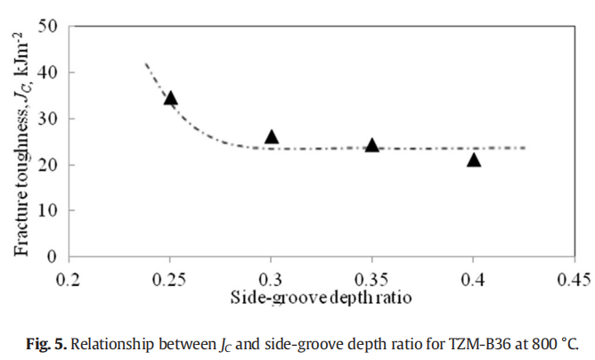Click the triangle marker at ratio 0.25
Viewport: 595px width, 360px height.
(x=170, y=98)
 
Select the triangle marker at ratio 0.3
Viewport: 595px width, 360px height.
(x=272, y=136)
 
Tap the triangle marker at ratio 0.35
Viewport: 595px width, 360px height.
(x=372, y=145)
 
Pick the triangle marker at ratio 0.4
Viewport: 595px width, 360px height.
(x=474, y=160)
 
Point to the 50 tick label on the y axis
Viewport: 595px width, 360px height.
(x=50, y=26)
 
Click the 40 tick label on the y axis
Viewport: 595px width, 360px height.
(x=50, y=72)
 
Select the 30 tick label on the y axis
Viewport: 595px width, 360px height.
(x=50, y=119)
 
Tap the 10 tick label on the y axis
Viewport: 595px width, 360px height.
(x=50, y=210)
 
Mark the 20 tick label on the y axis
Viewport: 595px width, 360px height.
(x=50, y=165)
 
